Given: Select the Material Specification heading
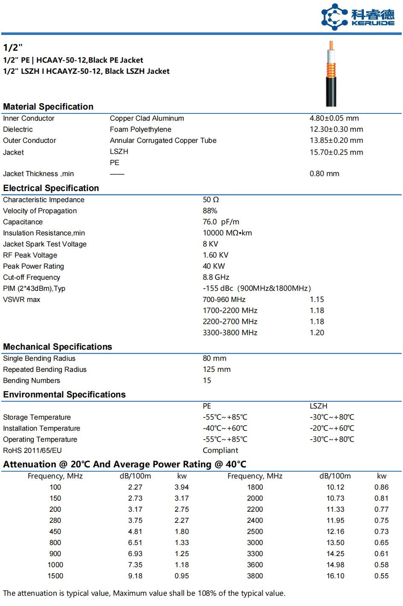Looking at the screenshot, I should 48,107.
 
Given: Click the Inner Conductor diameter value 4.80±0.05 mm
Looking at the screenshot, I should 334,118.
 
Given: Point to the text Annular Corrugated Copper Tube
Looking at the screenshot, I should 163,140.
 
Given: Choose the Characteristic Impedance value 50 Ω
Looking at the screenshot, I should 210,200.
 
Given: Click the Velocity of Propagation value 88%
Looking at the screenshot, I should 210,211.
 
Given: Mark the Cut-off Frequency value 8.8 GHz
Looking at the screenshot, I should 216,277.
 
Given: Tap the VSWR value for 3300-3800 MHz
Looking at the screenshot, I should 317,333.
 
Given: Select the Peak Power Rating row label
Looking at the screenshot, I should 33,266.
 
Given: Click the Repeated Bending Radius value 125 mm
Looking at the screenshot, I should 216,369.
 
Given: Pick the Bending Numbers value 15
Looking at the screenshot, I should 207,380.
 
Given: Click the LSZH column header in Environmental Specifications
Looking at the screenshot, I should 318,406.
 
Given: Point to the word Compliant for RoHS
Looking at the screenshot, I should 220,450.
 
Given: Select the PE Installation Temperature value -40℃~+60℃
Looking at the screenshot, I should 225,428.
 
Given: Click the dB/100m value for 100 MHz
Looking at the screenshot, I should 135,487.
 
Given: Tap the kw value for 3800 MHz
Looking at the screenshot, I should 381,576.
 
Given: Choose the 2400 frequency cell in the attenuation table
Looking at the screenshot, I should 255,520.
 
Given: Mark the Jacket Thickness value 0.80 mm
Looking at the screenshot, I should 324,174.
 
